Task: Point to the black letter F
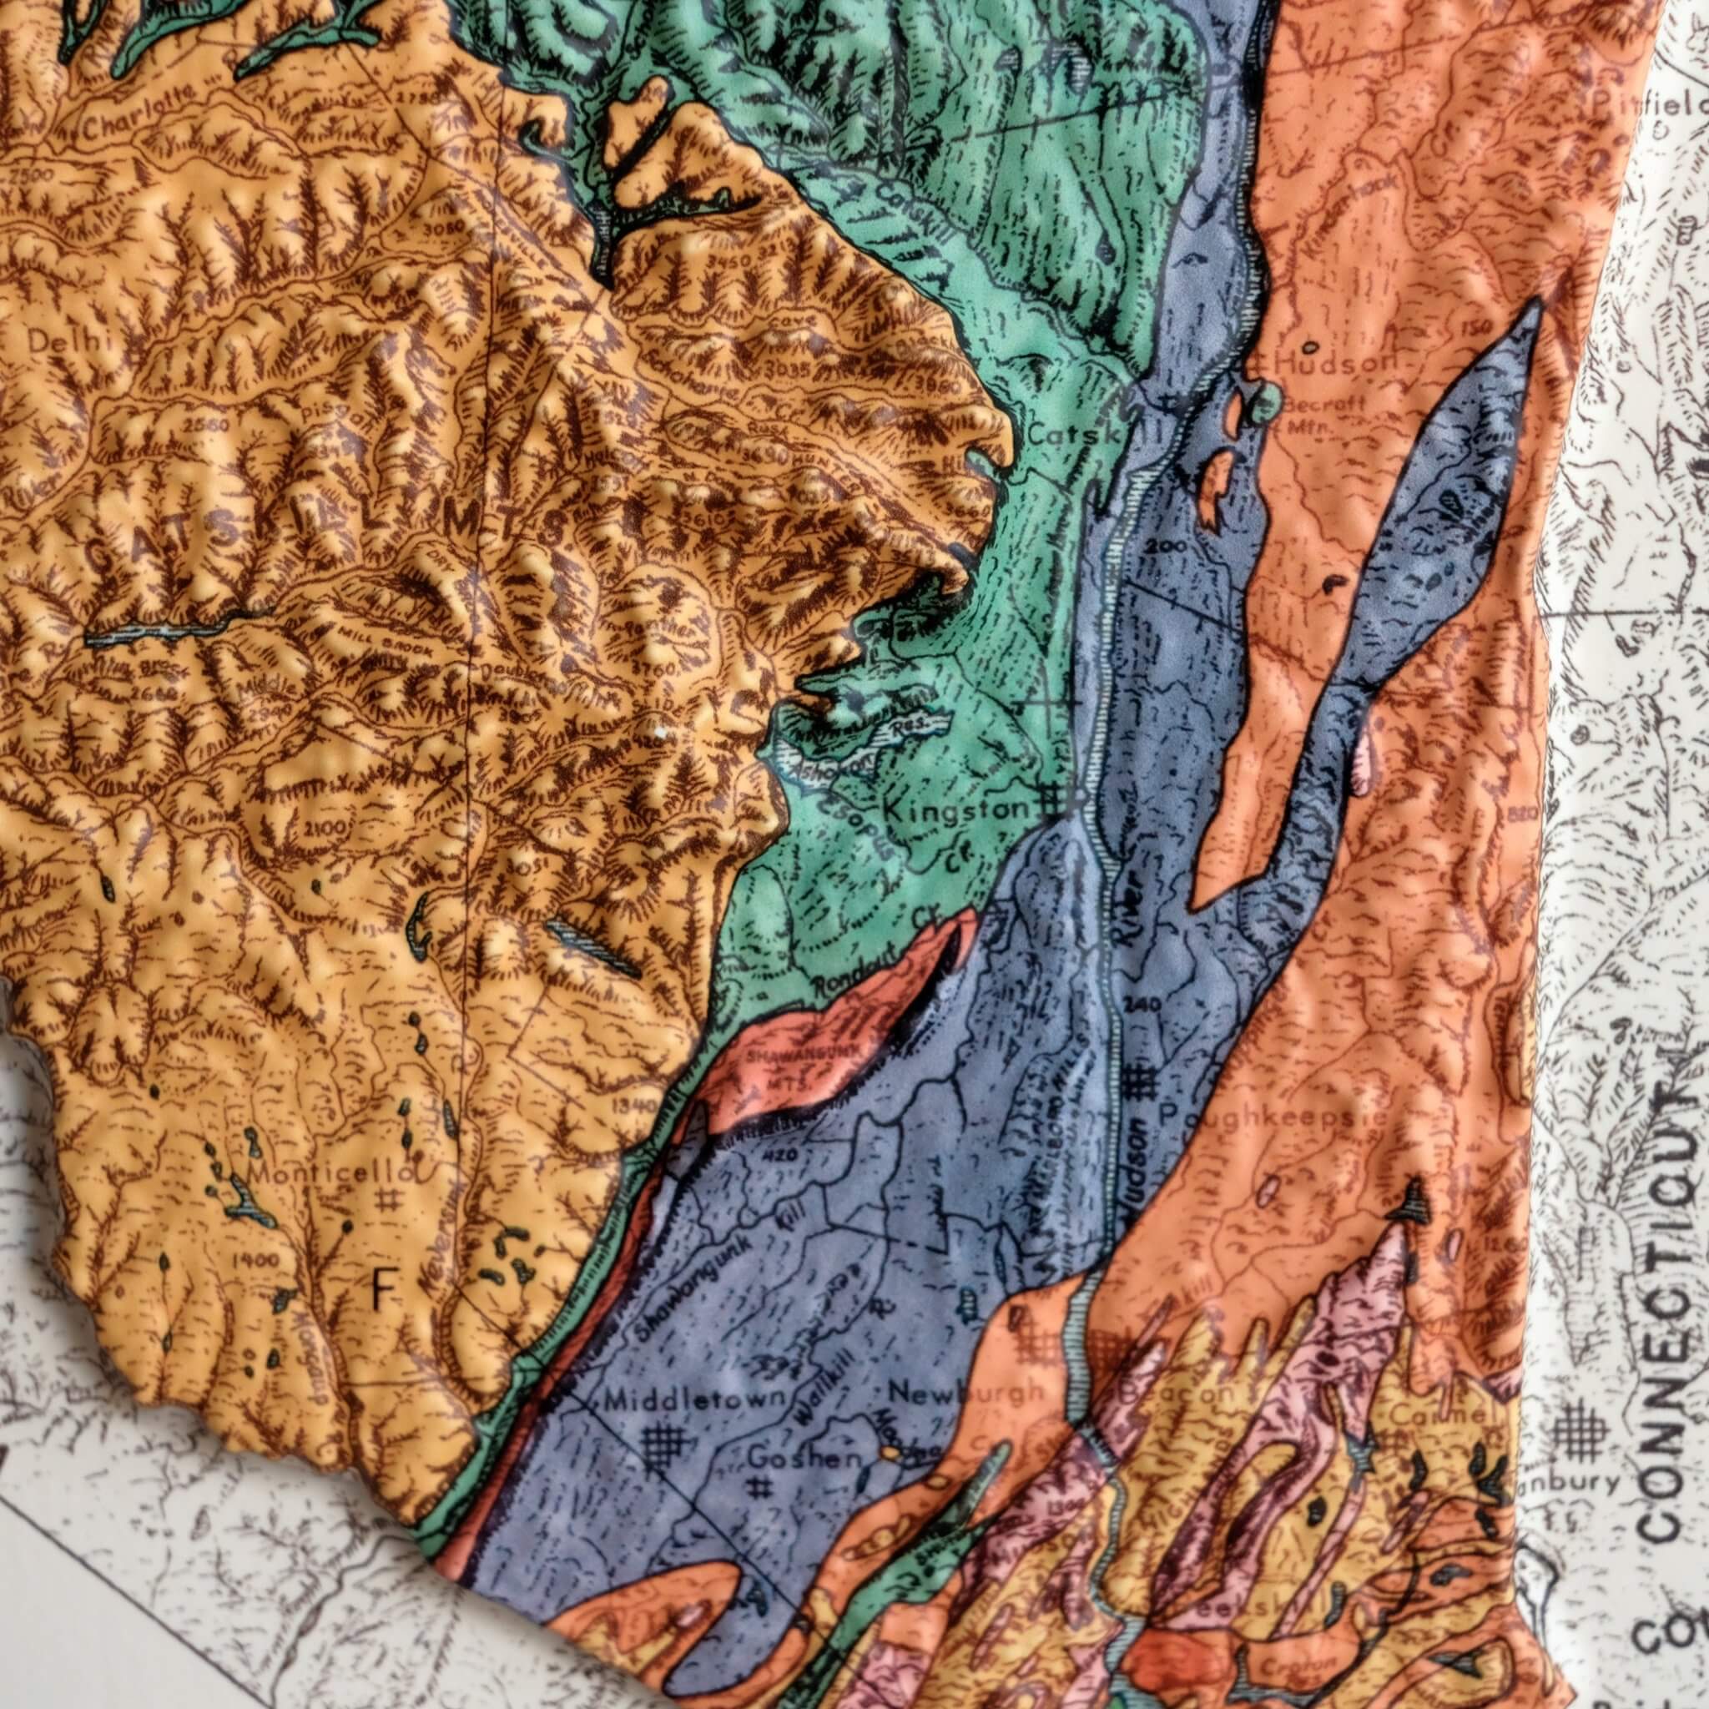click(382, 1299)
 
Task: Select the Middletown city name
click(696, 1400)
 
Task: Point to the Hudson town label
click(1335, 362)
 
